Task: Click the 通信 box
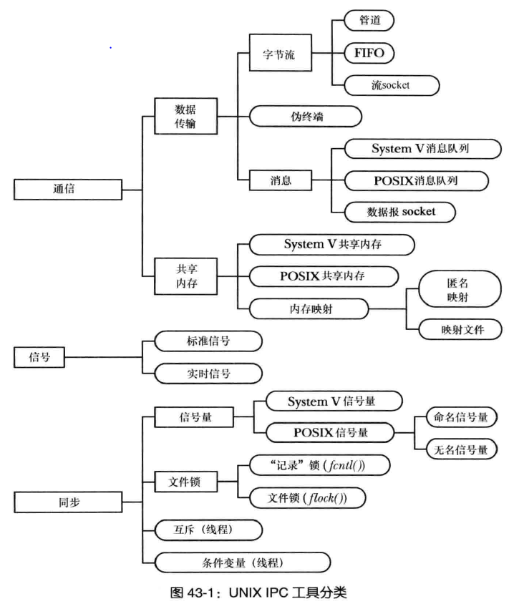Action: tap(68, 190)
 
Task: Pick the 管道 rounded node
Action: tap(369, 20)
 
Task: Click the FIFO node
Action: tap(369, 53)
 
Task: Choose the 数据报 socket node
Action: tap(400, 212)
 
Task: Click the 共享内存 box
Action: tap(186, 276)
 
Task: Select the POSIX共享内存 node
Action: tap(322, 276)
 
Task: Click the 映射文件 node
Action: tap(462, 329)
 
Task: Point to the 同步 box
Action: tap(68, 502)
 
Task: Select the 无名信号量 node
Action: tap(462, 449)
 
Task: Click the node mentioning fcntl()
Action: tap(319, 466)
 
